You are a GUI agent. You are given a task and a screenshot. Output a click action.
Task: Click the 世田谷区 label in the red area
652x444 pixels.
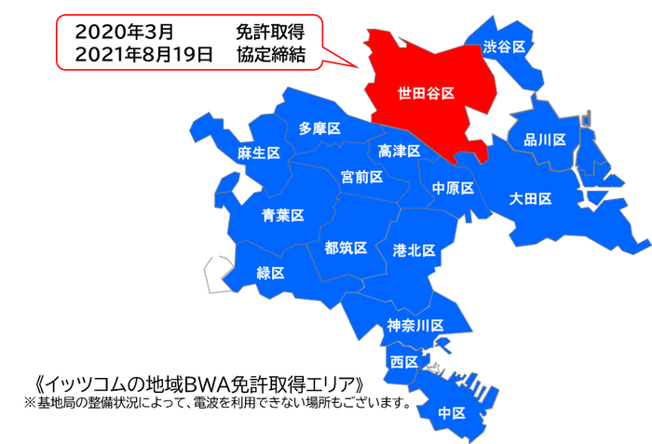426,94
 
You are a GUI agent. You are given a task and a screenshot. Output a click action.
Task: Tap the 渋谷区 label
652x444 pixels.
505,46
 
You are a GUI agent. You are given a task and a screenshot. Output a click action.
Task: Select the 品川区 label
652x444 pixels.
545,141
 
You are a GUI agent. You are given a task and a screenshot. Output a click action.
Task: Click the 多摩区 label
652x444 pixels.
319,128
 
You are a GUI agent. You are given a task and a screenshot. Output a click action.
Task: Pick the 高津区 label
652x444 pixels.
400,151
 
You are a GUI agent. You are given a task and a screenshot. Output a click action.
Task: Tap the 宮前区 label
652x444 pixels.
361,177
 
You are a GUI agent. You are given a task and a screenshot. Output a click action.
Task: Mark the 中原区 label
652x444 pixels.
454,188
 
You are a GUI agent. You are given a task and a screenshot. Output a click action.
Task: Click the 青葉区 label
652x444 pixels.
283,216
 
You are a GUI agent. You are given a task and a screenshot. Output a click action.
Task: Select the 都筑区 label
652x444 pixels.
346,249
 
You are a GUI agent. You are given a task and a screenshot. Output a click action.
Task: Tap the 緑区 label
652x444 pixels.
271,273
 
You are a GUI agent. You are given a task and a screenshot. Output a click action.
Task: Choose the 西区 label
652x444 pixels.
403,361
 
